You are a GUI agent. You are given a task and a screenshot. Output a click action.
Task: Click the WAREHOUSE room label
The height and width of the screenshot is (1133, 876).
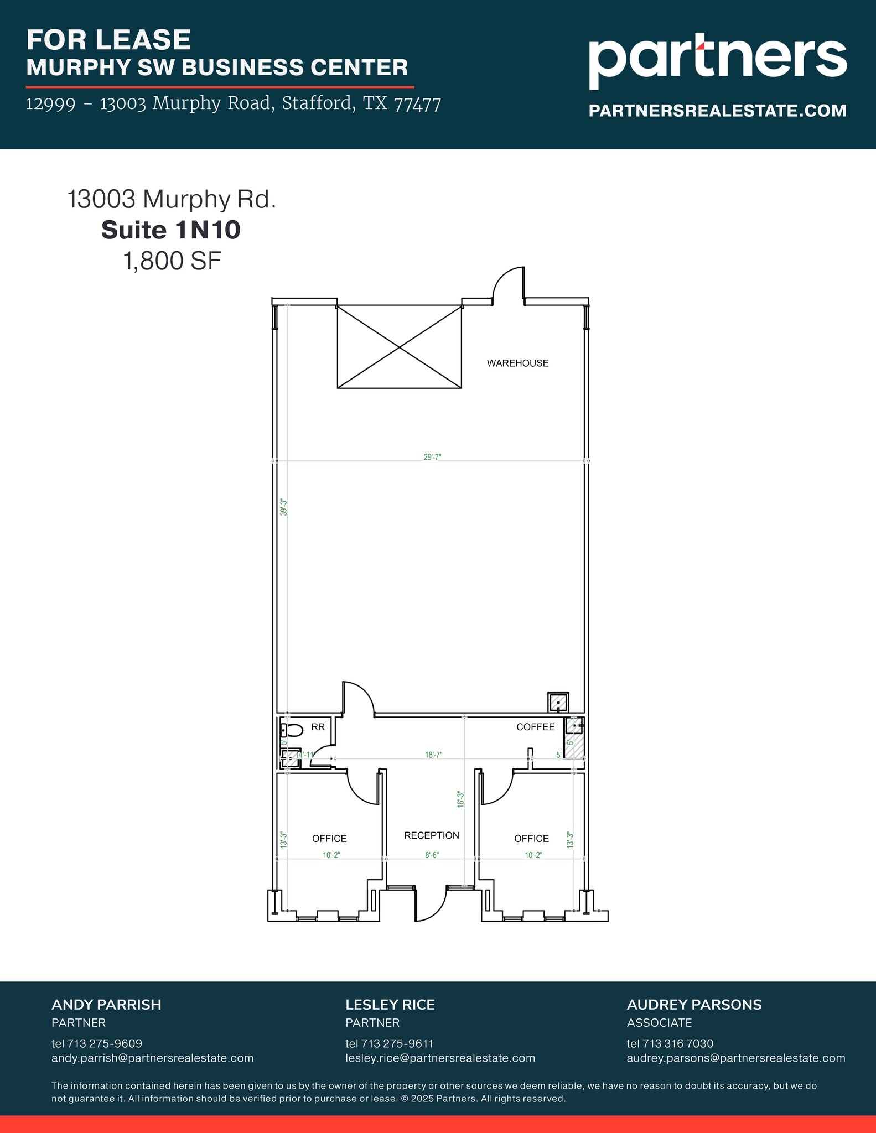[x=517, y=363]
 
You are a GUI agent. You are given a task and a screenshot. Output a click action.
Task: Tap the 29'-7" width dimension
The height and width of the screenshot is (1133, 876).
[x=432, y=457]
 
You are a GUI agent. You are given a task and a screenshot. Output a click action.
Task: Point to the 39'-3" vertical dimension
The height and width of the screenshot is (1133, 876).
[x=283, y=507]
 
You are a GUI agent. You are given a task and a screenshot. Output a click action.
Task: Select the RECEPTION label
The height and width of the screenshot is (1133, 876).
[x=431, y=835]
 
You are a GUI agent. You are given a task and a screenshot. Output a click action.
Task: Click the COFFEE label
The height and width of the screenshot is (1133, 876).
[x=535, y=727]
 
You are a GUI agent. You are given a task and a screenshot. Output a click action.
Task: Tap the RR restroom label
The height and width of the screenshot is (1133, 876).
[x=318, y=727]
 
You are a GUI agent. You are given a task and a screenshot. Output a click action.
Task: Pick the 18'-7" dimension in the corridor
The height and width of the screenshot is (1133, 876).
[x=433, y=755]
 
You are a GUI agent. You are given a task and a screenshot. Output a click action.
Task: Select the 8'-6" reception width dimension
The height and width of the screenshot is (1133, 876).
[x=432, y=855]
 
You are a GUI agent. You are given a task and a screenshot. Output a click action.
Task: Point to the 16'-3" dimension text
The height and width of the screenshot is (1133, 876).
[x=460, y=799]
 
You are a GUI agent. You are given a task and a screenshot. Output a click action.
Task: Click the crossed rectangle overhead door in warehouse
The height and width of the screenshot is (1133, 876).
[x=399, y=347]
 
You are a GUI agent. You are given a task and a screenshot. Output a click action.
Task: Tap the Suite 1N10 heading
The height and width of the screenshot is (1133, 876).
[x=170, y=230]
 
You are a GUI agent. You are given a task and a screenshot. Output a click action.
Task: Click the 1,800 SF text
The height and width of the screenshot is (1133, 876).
[x=172, y=261]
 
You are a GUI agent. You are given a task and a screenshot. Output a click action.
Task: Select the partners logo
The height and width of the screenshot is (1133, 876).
[x=717, y=61]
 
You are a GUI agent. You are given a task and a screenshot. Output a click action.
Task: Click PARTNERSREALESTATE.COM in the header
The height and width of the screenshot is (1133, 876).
[x=717, y=111]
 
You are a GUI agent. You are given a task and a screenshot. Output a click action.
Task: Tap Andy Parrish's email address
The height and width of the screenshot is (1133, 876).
[x=152, y=1058]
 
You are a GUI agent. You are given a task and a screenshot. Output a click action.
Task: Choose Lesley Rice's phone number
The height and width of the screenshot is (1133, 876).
[x=389, y=1043]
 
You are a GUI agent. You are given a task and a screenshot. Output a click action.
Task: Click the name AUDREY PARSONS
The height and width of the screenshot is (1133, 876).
[x=694, y=1005]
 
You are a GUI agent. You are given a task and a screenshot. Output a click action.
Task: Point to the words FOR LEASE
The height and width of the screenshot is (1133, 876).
[x=108, y=40]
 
